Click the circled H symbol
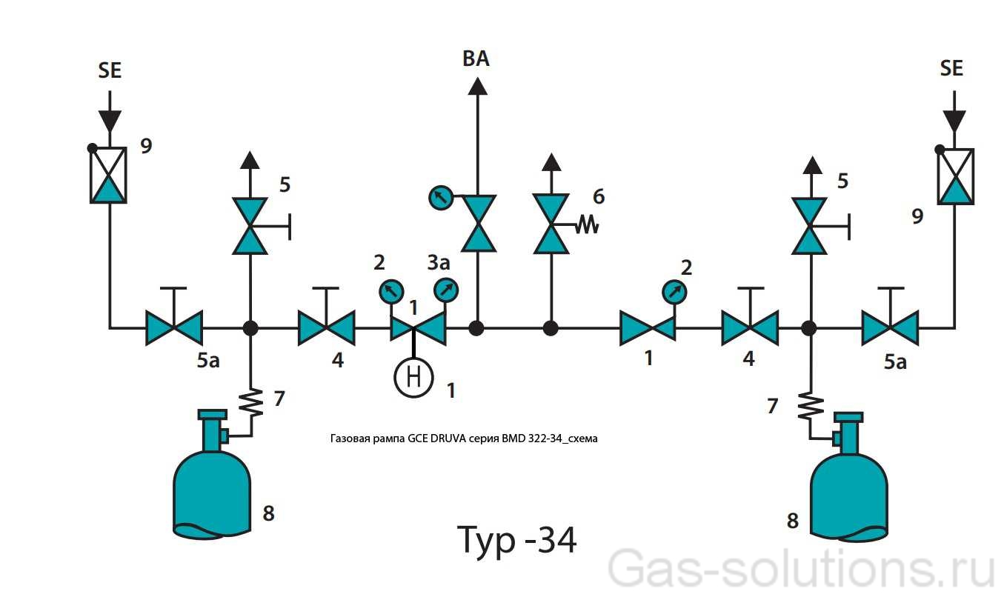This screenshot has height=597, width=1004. [x=413, y=377]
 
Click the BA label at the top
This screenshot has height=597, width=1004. [x=476, y=59]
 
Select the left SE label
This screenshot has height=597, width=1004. [x=110, y=70]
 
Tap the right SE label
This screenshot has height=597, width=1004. [x=951, y=68]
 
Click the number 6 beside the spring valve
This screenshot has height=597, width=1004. [x=599, y=196]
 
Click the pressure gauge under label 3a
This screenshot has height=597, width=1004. [x=446, y=290]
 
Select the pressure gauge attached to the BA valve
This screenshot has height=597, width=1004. [x=441, y=198]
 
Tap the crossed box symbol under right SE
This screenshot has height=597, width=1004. [x=955, y=176]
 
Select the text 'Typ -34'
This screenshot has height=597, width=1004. [x=516, y=540]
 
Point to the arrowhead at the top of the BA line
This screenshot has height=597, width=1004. [x=476, y=84]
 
